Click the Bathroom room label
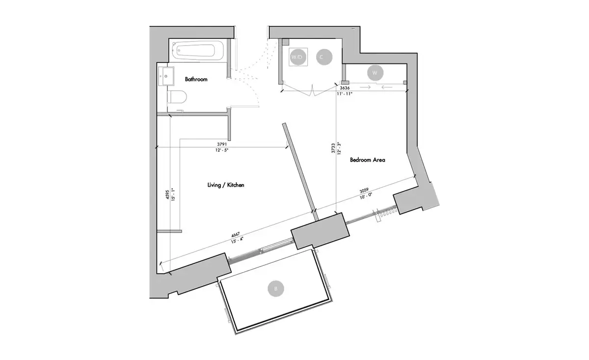pyautogui.click(x=196, y=79)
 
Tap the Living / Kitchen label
pyautogui.click(x=226, y=185)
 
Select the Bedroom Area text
pyautogui.click(x=368, y=160)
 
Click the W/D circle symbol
pyautogui.click(x=297, y=57)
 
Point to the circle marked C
pyautogui.click(x=324, y=57)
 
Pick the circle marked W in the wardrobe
pyautogui.click(x=375, y=73)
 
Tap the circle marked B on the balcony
pyautogui.click(x=276, y=289)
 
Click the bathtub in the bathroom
pyautogui.click(x=198, y=51)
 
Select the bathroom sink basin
pyautogui.click(x=166, y=76)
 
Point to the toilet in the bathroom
pyautogui.click(x=177, y=97)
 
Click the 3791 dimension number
pyautogui.click(x=222, y=144)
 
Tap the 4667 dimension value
pyautogui.click(x=235, y=234)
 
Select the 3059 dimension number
pyautogui.click(x=364, y=191)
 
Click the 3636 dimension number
pyautogui.click(x=345, y=88)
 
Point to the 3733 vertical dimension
pyautogui.click(x=333, y=148)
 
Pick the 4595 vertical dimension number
pyautogui.click(x=167, y=194)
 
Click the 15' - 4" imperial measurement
pyautogui.click(x=237, y=240)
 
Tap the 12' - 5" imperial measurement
pyautogui.click(x=222, y=150)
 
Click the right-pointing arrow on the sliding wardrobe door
pyautogui.click(x=365, y=87)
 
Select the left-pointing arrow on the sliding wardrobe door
pyautogui.click(x=387, y=87)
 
